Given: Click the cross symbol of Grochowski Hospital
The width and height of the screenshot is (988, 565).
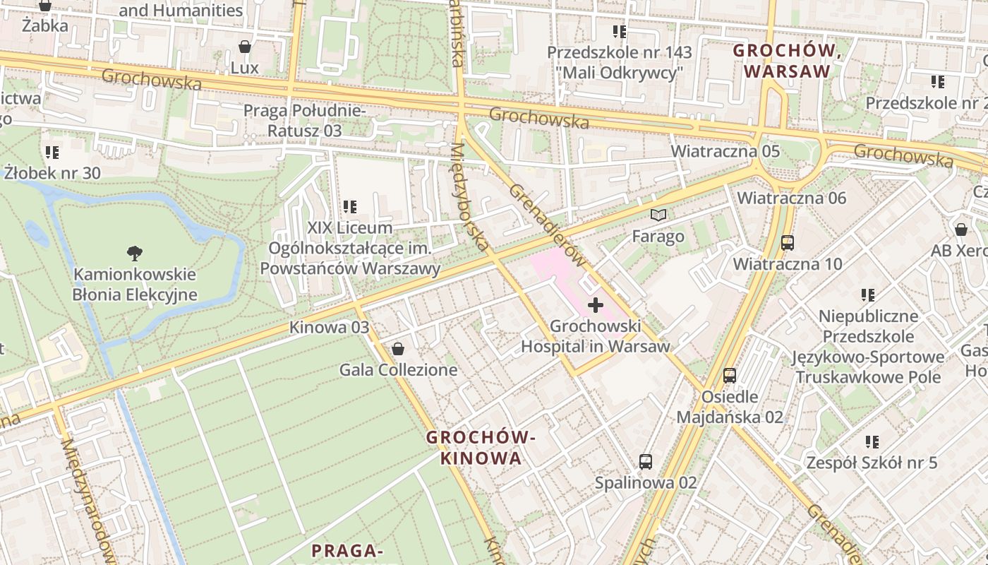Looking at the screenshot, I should pyautogui.click(x=596, y=305).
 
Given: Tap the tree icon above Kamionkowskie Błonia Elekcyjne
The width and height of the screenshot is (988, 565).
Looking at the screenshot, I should pyautogui.click(x=134, y=253).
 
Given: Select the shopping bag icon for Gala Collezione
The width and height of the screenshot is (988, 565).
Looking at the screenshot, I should pyautogui.click(x=398, y=349).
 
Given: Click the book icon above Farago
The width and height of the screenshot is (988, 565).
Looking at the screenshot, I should pyautogui.click(x=658, y=215).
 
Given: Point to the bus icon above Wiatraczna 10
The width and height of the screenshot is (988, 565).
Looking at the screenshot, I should pyautogui.click(x=788, y=243).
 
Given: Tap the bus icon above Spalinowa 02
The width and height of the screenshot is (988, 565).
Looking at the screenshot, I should pyautogui.click(x=645, y=462).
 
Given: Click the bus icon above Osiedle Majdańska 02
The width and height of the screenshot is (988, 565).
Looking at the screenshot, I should pyautogui.click(x=730, y=376).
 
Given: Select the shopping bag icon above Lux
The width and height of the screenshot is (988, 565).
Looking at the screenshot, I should pyautogui.click(x=244, y=47).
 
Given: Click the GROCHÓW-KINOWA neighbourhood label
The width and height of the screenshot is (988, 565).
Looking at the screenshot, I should pyautogui.click(x=481, y=448).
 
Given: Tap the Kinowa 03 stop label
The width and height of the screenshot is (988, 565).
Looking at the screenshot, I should pyautogui.click(x=329, y=327).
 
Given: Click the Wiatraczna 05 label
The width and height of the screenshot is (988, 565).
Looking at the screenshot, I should pyautogui.click(x=725, y=151).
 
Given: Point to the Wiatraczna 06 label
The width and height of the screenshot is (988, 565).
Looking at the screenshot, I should pyautogui.click(x=791, y=198).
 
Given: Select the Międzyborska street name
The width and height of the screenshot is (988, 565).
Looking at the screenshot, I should pyautogui.click(x=469, y=196).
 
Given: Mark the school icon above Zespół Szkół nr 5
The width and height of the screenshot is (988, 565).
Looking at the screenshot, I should pyautogui.click(x=872, y=442).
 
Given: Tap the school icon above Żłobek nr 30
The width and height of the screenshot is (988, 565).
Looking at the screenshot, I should pyautogui.click(x=52, y=152).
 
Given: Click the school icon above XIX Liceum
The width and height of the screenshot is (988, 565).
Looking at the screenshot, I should pyautogui.click(x=349, y=207).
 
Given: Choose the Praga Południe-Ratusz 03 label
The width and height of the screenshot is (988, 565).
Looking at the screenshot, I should pyautogui.click(x=304, y=121).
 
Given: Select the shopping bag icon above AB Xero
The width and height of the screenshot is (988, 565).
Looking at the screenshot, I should pyautogui.click(x=960, y=230).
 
